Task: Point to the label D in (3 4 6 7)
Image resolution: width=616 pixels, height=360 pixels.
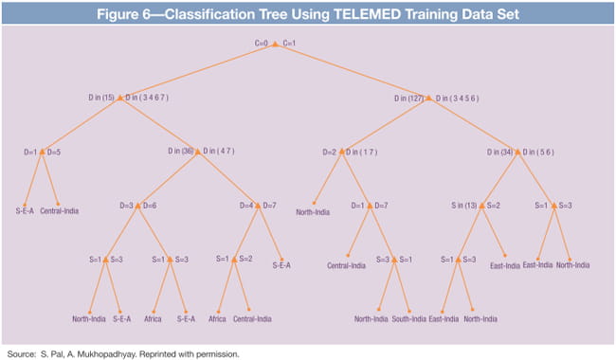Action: (x=143, y=97)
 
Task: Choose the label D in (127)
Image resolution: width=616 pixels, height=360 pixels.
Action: (x=408, y=97)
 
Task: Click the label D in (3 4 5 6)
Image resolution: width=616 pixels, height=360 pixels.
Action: (x=453, y=97)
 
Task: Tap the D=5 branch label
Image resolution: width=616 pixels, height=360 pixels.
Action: (x=55, y=152)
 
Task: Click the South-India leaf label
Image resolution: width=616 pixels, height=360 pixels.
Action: (x=415, y=318)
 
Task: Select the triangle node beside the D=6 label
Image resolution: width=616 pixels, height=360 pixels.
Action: (x=137, y=206)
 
